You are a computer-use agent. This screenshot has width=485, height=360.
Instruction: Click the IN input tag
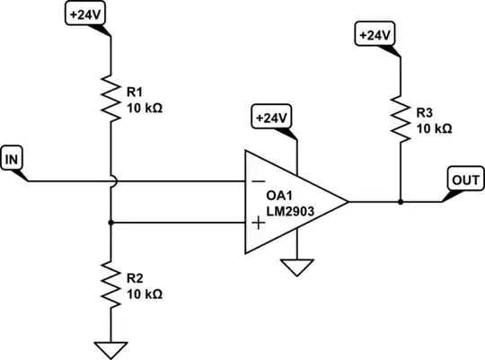(13, 159)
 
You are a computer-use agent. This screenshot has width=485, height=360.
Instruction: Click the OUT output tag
(463, 180)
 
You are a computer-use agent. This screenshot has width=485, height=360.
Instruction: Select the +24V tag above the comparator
(270, 119)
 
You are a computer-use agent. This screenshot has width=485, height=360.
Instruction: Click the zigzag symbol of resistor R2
(110, 284)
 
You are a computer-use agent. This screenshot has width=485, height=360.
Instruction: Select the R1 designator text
(134, 92)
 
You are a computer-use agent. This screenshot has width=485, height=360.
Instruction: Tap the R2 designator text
(134, 277)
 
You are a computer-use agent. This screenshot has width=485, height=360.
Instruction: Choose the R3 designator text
(424, 113)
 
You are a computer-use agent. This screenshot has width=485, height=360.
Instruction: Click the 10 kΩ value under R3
(433, 127)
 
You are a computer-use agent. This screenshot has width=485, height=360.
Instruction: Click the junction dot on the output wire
(400, 202)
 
